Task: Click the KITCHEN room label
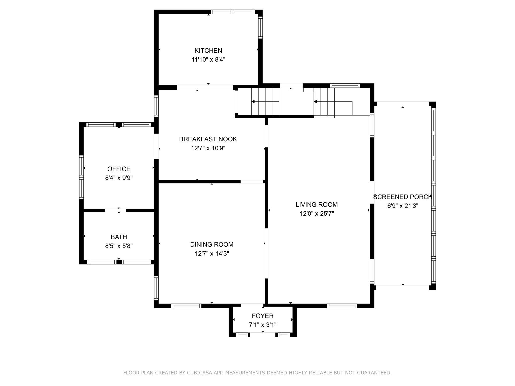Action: (208, 51)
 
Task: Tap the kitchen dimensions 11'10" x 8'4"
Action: (208, 60)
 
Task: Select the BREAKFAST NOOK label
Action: (208, 139)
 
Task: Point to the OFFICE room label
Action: (119, 169)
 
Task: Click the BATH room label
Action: (119, 237)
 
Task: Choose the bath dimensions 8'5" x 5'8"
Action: (119, 246)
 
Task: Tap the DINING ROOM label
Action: (212, 245)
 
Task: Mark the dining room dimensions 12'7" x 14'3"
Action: (212, 253)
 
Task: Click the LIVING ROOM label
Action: (317, 205)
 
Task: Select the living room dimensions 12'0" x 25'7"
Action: (317, 214)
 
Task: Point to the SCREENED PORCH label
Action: (403, 197)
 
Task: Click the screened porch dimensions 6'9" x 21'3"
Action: (403, 206)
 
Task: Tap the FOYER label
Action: (263, 316)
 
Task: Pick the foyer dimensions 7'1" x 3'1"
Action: (263, 325)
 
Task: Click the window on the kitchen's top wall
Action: (233, 12)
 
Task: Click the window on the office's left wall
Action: (81, 177)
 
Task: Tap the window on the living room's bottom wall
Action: (342, 306)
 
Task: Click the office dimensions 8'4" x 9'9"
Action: (119, 178)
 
